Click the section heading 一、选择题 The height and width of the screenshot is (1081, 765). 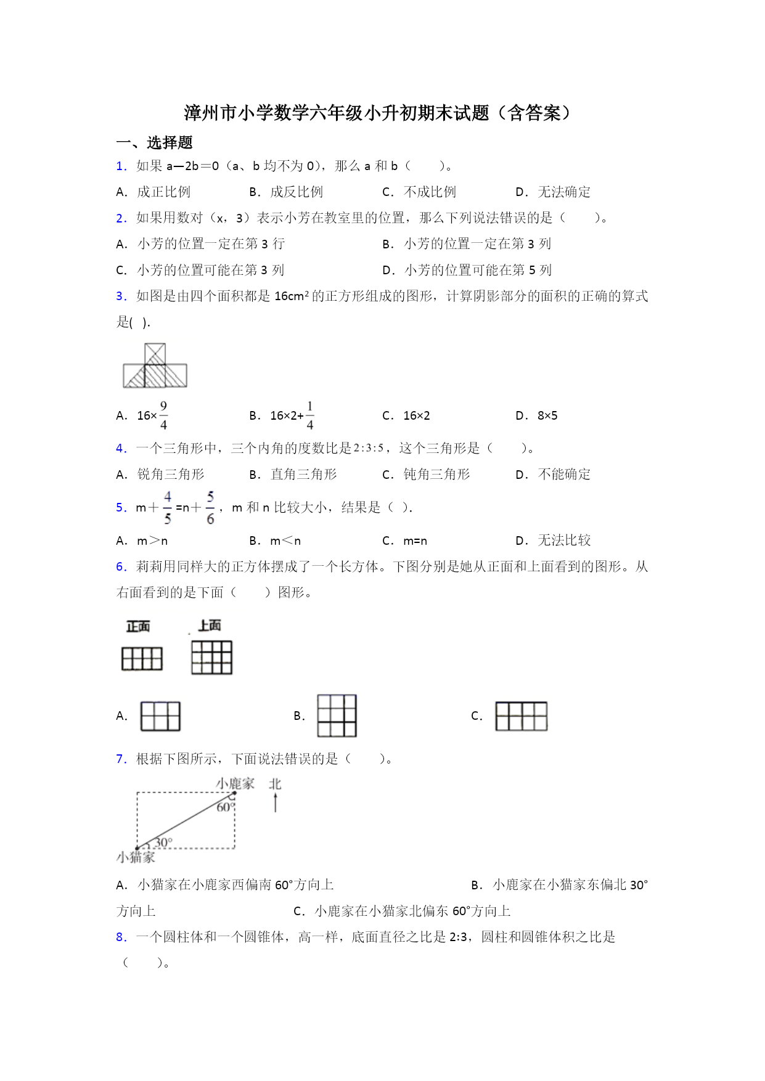coord(154,143)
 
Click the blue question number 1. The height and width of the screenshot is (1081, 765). coord(121,166)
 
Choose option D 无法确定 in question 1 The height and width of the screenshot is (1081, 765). coord(553,192)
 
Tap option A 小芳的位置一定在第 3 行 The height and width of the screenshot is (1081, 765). coord(200,244)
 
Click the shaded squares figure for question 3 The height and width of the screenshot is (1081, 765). coord(155,366)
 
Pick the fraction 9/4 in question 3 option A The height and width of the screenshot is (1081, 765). coord(163,415)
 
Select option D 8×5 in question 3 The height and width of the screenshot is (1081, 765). coord(537,416)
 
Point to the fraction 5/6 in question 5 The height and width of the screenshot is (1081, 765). coord(210,508)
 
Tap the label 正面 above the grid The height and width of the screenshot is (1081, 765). coord(138,627)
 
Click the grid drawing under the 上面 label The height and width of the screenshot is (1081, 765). coord(211,657)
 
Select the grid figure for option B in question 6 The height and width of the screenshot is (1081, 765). coord(337,716)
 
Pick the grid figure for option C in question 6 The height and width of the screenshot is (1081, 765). coord(522,716)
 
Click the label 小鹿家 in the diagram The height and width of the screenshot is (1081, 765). coord(235,784)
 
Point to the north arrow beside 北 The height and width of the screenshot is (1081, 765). coord(276,802)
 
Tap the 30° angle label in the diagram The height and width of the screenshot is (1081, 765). coord(163,842)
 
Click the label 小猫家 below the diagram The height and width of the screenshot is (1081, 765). coord(136,857)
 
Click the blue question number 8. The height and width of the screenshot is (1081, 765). coord(121,937)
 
